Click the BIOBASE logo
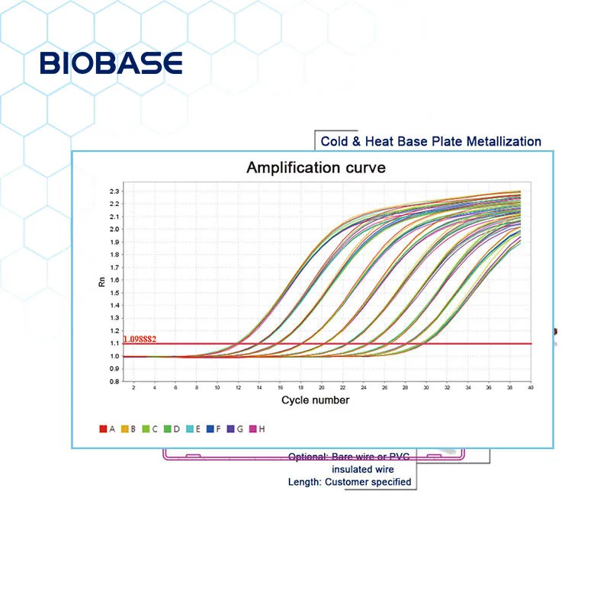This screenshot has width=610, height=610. pyautogui.click(x=111, y=63)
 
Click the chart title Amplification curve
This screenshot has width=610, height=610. pyautogui.click(x=316, y=167)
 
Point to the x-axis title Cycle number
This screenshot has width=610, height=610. pyautogui.click(x=315, y=400)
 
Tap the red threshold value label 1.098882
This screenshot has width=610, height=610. pyautogui.click(x=144, y=338)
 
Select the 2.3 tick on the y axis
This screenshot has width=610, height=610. pyautogui.click(x=114, y=191)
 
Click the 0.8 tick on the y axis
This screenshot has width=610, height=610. pyautogui.click(x=114, y=381)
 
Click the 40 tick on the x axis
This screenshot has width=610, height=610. pyautogui.click(x=529, y=388)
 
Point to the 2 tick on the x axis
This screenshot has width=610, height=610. pyautogui.click(x=134, y=388)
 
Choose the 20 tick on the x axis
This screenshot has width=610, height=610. pyautogui.click(x=321, y=388)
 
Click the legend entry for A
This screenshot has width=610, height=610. pyautogui.click(x=108, y=429)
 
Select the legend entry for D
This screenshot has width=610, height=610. pyautogui.click(x=172, y=429)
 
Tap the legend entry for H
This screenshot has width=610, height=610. pyautogui.click(x=257, y=429)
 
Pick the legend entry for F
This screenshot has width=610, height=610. pyautogui.click(x=214, y=429)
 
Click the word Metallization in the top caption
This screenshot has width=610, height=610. pyautogui.click(x=506, y=141)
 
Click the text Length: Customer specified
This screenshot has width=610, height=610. pyautogui.click(x=349, y=482)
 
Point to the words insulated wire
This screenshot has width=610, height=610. pyautogui.click(x=362, y=469)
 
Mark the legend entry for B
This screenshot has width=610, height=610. pyautogui.click(x=129, y=429)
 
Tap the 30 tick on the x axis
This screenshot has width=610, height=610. pyautogui.click(x=425, y=388)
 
